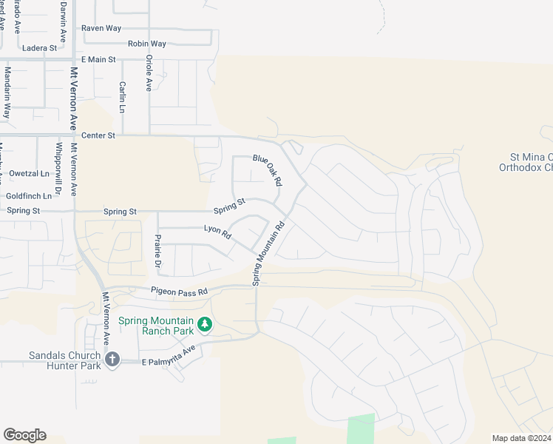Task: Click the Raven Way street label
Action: [x=101, y=28]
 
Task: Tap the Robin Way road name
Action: [x=146, y=44]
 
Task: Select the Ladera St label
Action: [x=40, y=48]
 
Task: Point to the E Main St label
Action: [x=98, y=59]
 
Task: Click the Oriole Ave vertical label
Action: [x=149, y=73]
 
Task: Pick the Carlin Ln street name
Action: [x=122, y=97]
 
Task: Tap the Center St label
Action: [x=98, y=135]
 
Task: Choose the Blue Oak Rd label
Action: [x=268, y=170]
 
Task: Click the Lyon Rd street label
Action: [x=217, y=232]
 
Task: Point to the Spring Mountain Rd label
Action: [x=268, y=255]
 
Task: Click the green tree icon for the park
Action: [x=206, y=324]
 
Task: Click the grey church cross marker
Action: [x=112, y=360]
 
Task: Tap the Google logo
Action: [x=24, y=435]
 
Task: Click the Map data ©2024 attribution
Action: [x=521, y=438]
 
